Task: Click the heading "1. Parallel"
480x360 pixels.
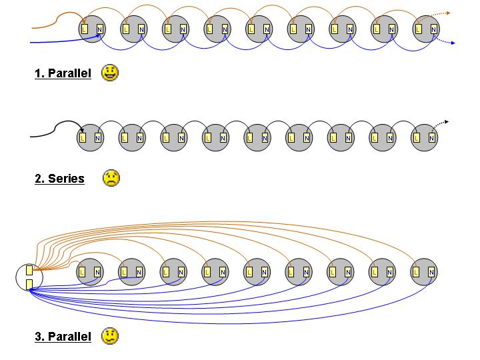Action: pyautogui.click(x=63, y=73)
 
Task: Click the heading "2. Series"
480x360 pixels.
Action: pyautogui.click(x=59, y=179)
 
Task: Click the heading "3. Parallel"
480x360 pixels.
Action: pyautogui.click(x=63, y=337)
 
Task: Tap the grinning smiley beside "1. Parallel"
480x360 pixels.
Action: pyautogui.click(x=110, y=73)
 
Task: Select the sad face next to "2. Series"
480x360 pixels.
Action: pyautogui.click(x=111, y=178)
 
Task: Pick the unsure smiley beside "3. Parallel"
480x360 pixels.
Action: pyautogui.click(x=110, y=336)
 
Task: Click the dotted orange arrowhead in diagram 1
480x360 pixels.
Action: pyautogui.click(x=449, y=13)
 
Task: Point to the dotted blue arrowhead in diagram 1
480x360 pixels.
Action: pyautogui.click(x=453, y=43)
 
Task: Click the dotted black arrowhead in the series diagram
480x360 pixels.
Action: pyautogui.click(x=447, y=122)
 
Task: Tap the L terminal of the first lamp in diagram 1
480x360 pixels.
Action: pyautogui.click(x=85, y=29)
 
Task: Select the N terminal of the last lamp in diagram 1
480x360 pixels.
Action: pyautogui.click(x=433, y=29)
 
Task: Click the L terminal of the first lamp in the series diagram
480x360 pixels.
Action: pyautogui.click(x=83, y=138)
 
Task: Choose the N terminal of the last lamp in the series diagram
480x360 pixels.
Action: pyautogui.click(x=431, y=138)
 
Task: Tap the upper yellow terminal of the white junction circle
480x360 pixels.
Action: pyautogui.click(x=29, y=270)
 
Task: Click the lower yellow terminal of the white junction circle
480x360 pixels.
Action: pyautogui.click(x=29, y=285)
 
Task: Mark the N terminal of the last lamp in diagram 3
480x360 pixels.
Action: pyautogui.click(x=431, y=272)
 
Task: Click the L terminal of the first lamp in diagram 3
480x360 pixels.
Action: pyautogui.click(x=82, y=272)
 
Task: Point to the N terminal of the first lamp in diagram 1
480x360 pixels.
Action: pyautogui.click(x=100, y=29)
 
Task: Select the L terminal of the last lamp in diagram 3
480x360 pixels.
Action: pyautogui.click(x=416, y=272)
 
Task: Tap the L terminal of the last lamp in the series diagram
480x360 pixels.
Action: pyautogui.click(x=416, y=138)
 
